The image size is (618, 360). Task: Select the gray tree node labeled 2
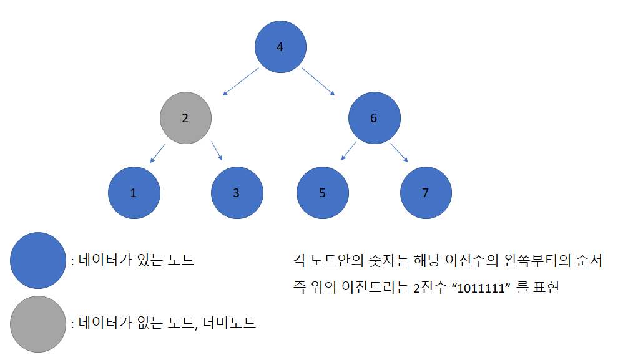(185, 118)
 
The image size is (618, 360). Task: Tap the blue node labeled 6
(374, 118)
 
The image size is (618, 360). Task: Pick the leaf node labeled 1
(134, 193)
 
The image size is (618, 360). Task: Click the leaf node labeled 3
(237, 193)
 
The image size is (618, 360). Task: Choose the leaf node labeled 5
(322, 193)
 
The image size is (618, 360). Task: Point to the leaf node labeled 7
(426, 193)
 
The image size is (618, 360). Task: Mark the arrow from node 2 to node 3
(217, 152)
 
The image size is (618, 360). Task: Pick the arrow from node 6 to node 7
(399, 153)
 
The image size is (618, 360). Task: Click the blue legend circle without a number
(38, 260)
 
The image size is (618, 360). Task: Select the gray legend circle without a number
(38, 323)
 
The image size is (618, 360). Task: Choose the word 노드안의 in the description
(335, 260)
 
